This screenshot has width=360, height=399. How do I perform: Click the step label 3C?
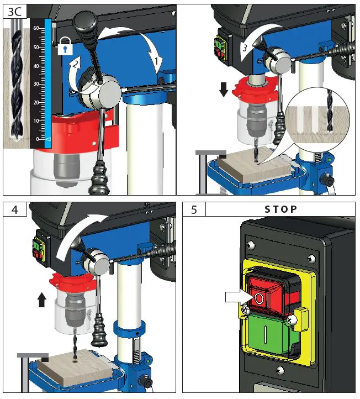point(13,12)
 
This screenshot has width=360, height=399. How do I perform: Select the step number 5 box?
point(194,210)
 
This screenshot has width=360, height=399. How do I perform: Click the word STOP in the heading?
point(280,209)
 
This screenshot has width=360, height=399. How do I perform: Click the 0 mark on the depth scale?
point(38,139)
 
